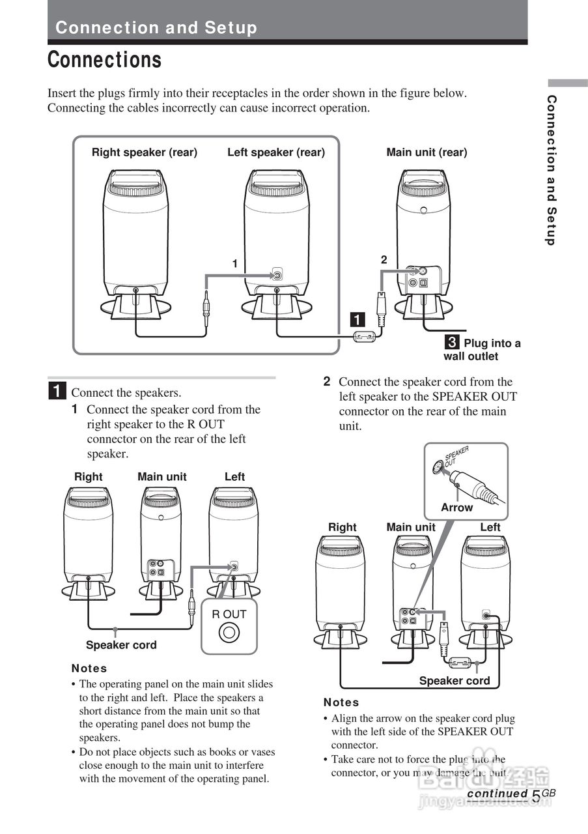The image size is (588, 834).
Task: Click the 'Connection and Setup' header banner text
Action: [x=156, y=28]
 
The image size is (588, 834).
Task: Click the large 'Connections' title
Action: [x=105, y=60]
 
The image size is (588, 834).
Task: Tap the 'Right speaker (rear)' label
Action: [x=144, y=152]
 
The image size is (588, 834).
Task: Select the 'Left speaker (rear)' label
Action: [x=275, y=152]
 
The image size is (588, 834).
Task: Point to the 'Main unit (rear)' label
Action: [x=427, y=152]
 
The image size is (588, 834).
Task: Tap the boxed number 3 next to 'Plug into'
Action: [x=452, y=343]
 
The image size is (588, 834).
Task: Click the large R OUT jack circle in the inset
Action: [x=229, y=631]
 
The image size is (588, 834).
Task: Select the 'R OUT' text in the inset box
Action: [x=229, y=614]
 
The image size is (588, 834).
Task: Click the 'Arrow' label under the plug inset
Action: [x=456, y=508]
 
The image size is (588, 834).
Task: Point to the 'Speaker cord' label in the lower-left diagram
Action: [x=121, y=645]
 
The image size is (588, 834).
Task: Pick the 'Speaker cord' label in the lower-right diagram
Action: [x=454, y=681]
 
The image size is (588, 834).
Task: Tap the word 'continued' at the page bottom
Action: [x=497, y=794]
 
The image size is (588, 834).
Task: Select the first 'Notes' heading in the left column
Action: [x=89, y=669]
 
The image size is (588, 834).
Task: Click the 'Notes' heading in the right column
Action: [x=341, y=702]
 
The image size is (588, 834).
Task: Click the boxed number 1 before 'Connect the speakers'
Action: [x=57, y=392]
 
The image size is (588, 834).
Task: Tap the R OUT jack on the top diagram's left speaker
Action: [x=277, y=275]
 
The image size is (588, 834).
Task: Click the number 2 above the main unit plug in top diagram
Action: [x=384, y=259]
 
